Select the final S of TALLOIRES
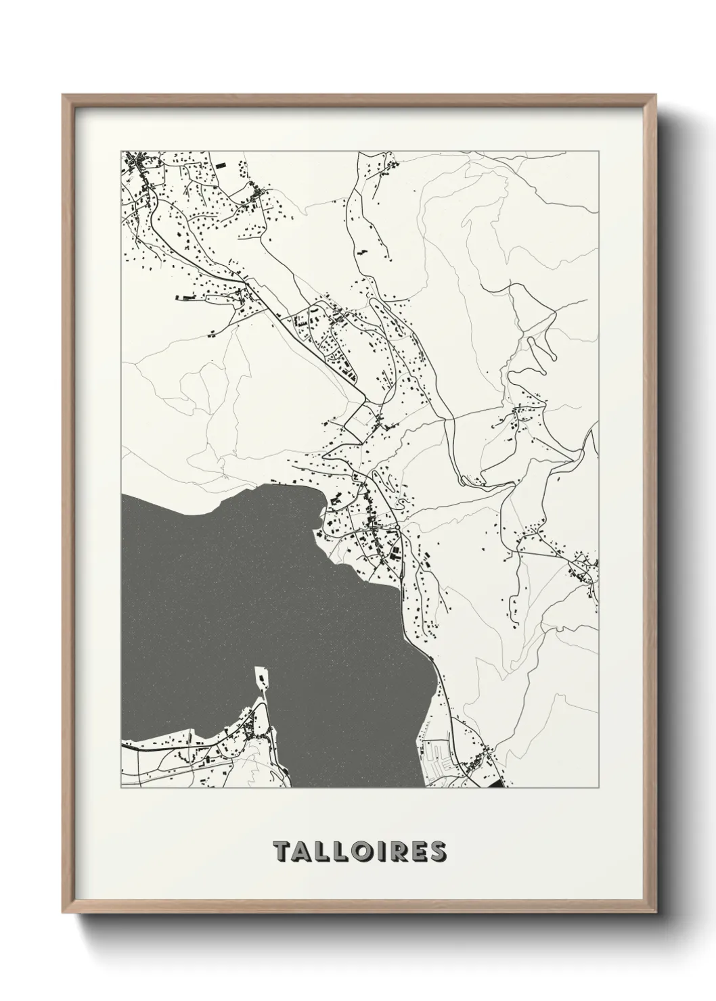tap(437, 852)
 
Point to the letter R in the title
tap(399, 852)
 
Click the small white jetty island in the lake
tap(260, 677)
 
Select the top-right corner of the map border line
tap(598, 151)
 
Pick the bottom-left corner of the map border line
tap(121, 788)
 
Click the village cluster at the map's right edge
tap(582, 568)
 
